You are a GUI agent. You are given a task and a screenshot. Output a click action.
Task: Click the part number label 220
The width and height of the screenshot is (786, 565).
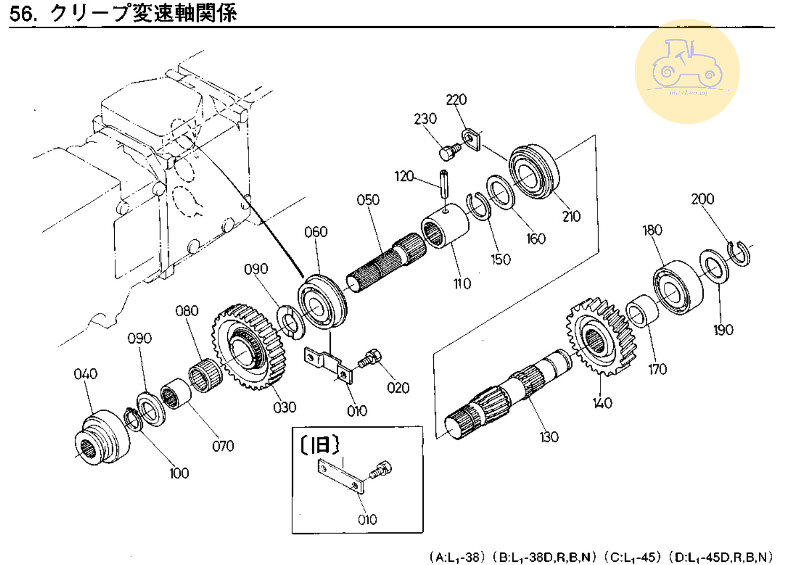click(x=456, y=100)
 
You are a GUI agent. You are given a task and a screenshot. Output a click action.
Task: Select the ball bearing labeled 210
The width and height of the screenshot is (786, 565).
click(x=534, y=171)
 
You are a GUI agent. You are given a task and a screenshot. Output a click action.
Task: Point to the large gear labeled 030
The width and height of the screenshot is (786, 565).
click(x=248, y=346)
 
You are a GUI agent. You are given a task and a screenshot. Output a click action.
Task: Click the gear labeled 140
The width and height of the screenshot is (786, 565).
click(x=600, y=336)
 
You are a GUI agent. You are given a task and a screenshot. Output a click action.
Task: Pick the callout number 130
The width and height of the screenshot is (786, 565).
click(x=549, y=437)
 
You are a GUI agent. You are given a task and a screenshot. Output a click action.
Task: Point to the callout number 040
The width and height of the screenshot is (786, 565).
click(x=85, y=374)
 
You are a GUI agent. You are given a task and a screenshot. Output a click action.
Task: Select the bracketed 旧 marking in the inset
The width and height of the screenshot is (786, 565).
click(x=320, y=444)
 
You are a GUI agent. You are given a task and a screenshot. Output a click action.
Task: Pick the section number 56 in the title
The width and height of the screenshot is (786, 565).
click(x=22, y=13)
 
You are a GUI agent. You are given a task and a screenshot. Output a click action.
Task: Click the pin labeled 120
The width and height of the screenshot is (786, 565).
click(x=444, y=183)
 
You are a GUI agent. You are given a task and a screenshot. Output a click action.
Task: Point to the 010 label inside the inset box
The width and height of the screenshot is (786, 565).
click(x=367, y=519)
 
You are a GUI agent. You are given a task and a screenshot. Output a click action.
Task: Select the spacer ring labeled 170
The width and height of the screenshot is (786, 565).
click(x=642, y=310)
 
